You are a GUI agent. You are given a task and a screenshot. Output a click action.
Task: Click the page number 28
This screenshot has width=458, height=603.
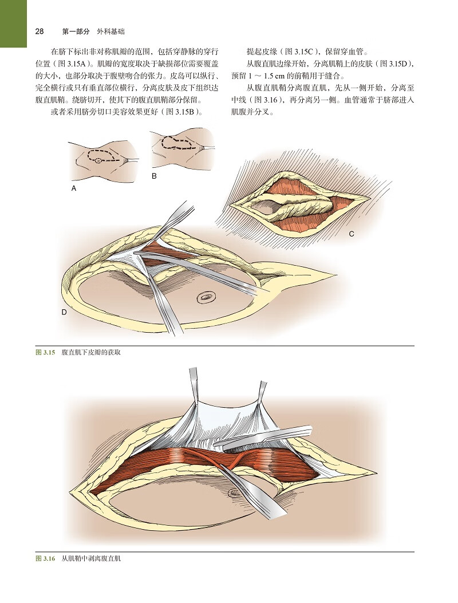click(40, 31)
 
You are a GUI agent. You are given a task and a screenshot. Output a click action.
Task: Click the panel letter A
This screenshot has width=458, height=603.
click(74, 188)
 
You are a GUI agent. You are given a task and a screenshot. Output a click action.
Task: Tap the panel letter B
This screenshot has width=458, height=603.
click(154, 176)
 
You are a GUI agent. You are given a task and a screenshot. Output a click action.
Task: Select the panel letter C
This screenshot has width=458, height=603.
click(352, 234)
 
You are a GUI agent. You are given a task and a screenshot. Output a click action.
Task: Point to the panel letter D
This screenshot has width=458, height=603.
click(64, 312)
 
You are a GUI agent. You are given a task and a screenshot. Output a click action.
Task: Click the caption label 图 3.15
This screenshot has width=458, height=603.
click(46, 352)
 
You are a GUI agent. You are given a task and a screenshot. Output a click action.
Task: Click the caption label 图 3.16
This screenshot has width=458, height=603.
click(46, 558)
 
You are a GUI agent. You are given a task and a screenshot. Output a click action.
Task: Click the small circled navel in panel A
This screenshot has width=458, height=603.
click(99, 161)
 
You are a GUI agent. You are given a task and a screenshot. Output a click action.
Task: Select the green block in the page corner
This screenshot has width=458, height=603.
click(14, 23)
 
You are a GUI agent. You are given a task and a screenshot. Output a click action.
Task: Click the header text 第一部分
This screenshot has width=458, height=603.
click(76, 31)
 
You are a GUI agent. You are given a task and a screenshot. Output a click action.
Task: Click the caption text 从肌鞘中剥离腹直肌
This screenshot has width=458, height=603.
click(91, 558)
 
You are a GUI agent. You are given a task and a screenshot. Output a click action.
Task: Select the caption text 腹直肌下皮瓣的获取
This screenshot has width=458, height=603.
click(91, 352)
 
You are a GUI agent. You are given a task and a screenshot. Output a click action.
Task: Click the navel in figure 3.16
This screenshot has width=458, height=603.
click(232, 492)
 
